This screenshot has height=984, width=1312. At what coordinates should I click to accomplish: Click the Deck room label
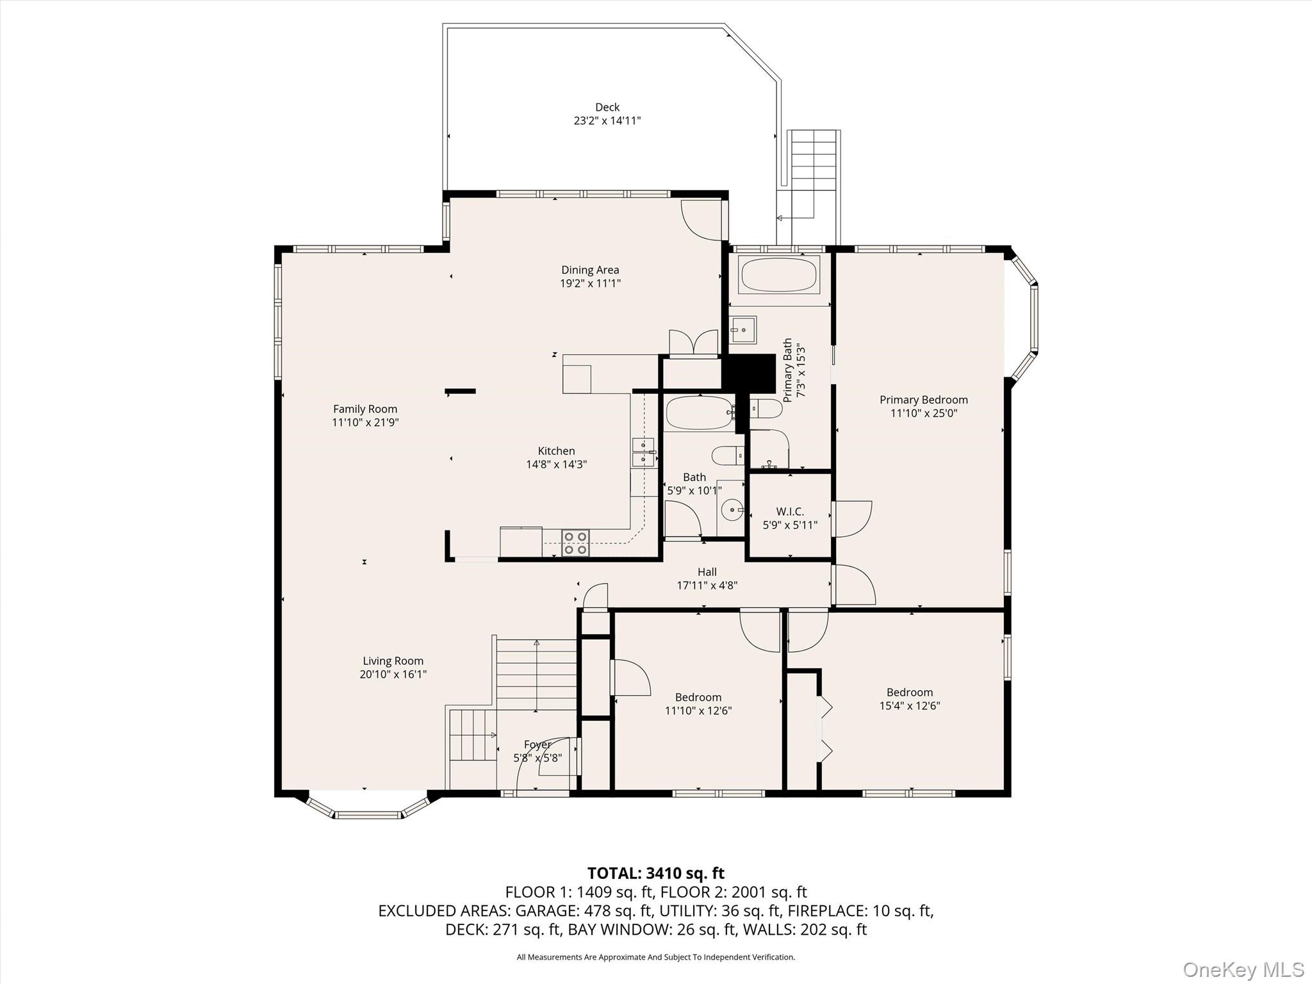tap(607, 108)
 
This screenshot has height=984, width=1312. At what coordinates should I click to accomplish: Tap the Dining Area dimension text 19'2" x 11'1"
tap(590, 283)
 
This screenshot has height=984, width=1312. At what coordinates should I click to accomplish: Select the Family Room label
tap(365, 409)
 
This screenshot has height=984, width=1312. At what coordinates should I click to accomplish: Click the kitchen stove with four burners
tap(575, 543)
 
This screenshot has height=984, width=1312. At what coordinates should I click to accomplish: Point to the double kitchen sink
tap(643, 452)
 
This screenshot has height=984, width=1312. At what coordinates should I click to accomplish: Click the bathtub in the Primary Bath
tap(778, 275)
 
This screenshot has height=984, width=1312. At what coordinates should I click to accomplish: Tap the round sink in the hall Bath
tap(730, 511)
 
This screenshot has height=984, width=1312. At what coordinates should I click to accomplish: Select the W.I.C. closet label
tap(789, 511)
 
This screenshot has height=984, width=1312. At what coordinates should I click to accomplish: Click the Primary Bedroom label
tap(923, 400)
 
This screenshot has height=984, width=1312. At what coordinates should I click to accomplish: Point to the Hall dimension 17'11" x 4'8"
tap(707, 585)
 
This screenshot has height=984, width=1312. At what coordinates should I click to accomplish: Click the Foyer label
tap(537, 744)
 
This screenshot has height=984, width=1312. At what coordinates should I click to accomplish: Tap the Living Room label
tap(393, 660)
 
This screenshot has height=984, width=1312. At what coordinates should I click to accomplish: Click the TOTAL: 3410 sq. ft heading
tap(655, 873)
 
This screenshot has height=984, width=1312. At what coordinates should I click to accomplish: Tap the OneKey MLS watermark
tap(1243, 969)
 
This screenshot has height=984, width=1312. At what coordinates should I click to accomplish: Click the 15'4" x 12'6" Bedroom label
tap(909, 692)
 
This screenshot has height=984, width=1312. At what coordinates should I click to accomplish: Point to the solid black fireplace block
tap(750, 372)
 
